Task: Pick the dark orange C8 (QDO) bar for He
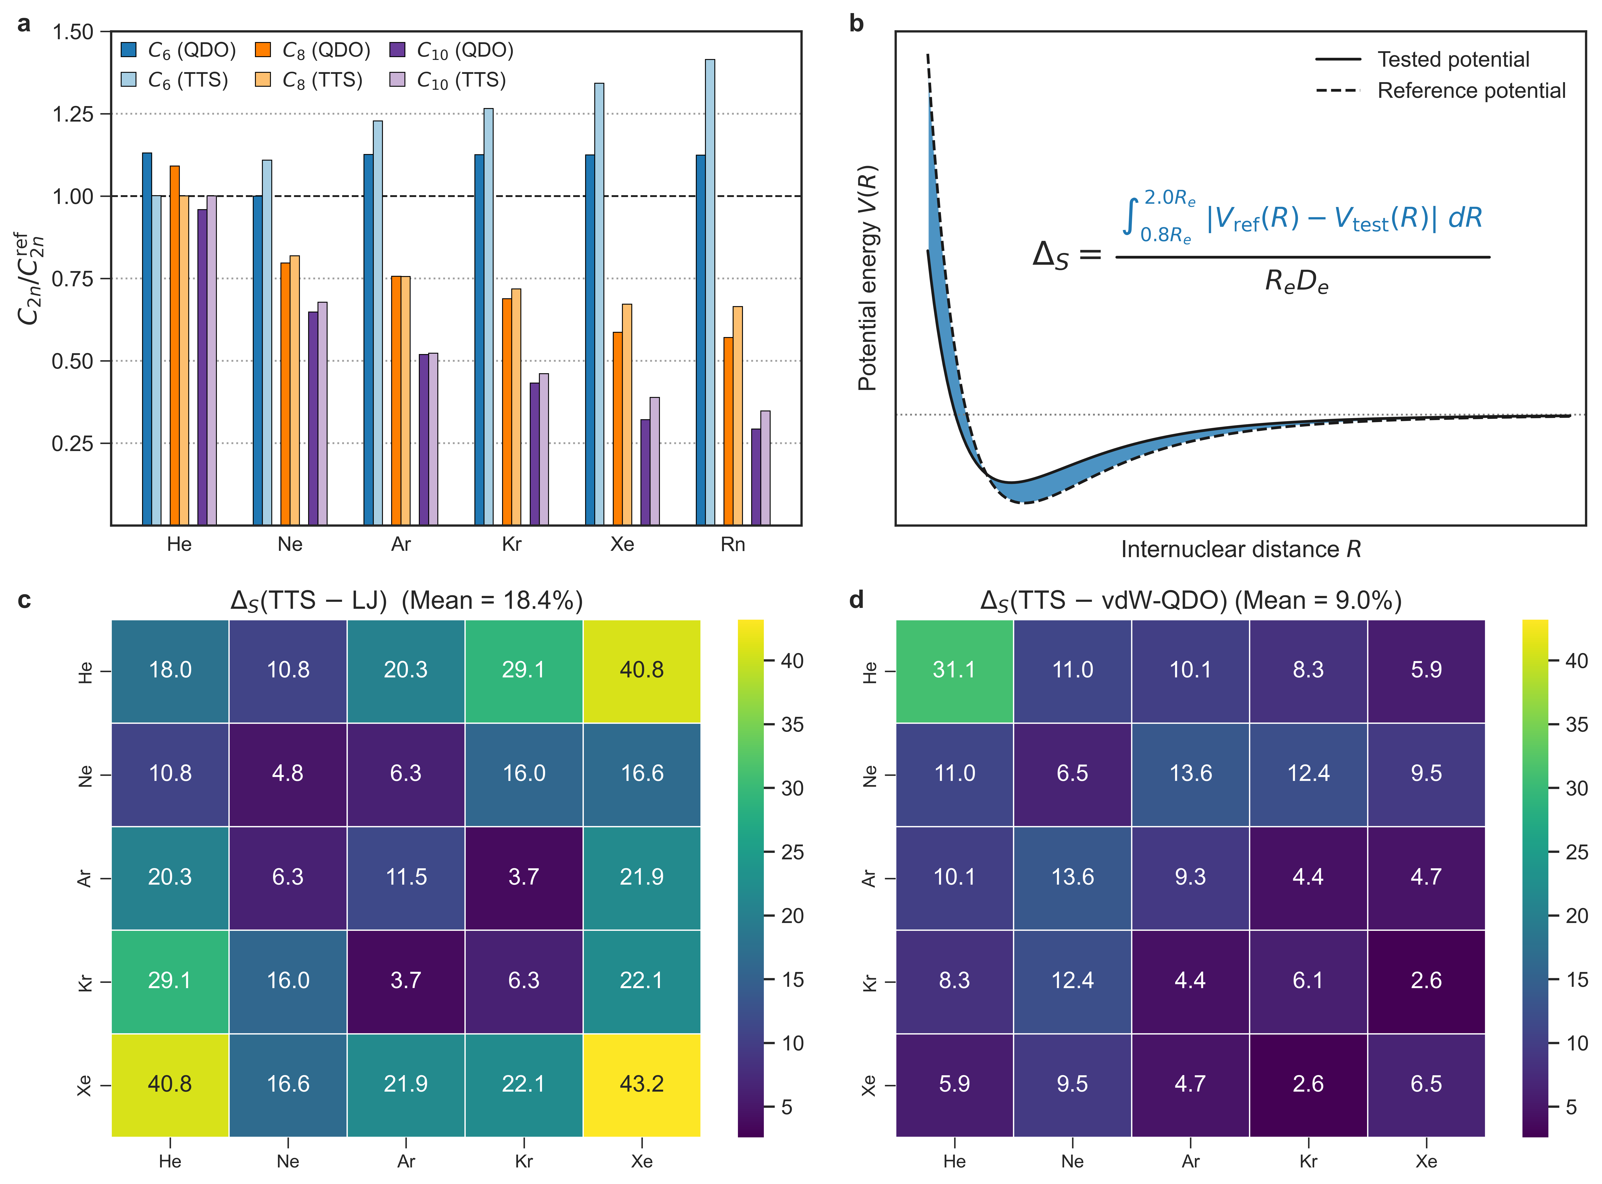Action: point(174,344)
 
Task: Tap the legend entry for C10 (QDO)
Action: point(452,50)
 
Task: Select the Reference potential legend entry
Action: point(1441,91)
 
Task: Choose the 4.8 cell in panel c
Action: point(287,773)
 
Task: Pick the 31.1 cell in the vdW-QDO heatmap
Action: point(954,670)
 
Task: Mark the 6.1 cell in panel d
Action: point(1308,980)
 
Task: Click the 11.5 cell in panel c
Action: point(406,877)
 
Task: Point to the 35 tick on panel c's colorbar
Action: point(791,725)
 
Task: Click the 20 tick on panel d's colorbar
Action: point(1575,916)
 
